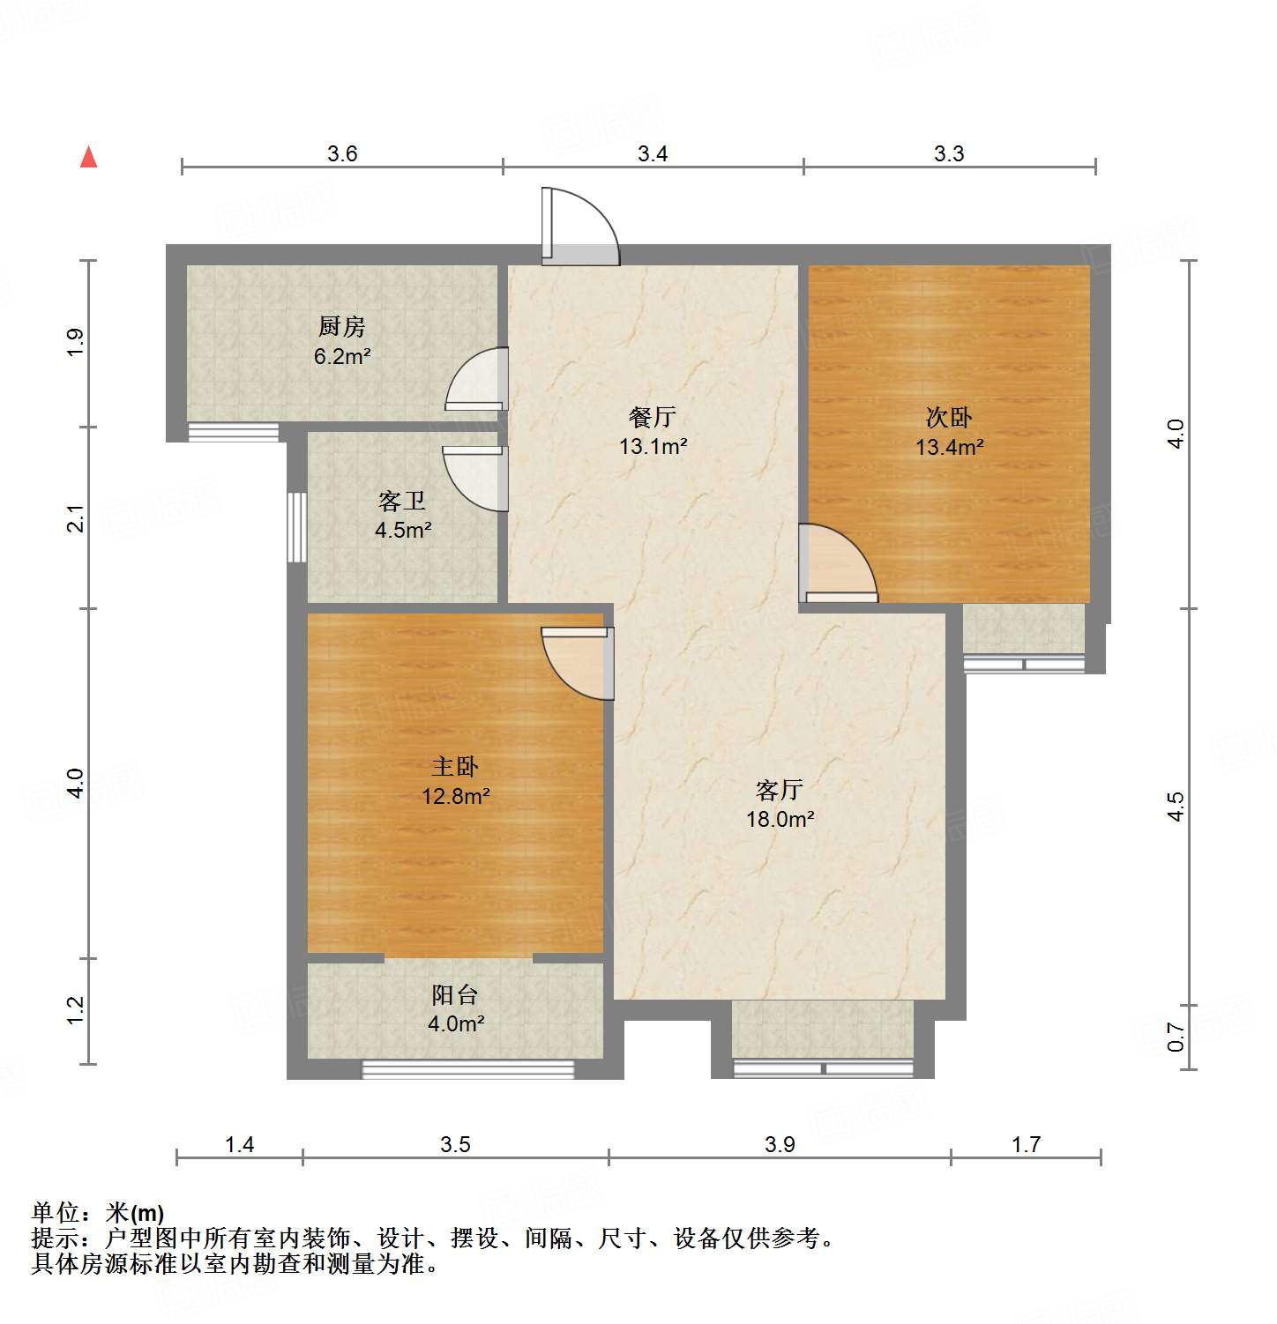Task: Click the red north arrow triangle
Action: coord(88,157)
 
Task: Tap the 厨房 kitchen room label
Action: coord(341,327)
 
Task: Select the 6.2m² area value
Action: coord(341,357)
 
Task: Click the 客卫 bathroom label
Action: coord(402,502)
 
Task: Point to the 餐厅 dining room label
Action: coord(653,417)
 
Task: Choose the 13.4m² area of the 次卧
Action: coord(949,447)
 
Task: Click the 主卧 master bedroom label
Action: coord(455,766)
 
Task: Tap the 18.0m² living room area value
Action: coord(780,819)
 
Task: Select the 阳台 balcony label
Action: coord(455,995)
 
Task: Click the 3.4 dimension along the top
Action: coord(653,154)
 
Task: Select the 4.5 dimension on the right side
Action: coord(1176,807)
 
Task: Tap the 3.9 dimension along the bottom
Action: coord(780,1144)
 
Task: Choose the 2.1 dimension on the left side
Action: coord(77,518)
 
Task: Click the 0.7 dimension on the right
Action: coord(1176,1037)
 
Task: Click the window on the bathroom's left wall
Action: coord(296,527)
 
